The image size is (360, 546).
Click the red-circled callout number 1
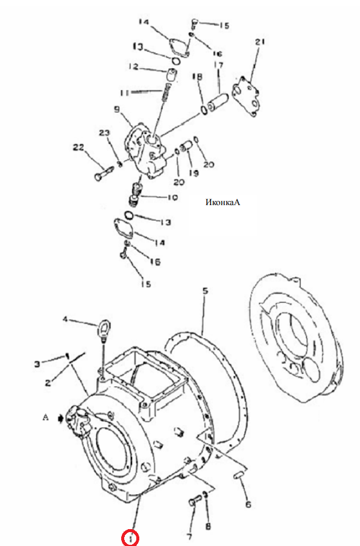point(130,538)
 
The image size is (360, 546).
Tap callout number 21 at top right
point(260,42)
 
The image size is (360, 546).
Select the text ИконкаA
point(223,202)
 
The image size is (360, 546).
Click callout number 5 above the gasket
point(206,290)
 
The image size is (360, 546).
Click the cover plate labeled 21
point(247,96)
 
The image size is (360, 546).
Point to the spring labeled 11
point(167,92)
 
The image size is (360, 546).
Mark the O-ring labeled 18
point(204,110)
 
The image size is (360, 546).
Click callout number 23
point(104,133)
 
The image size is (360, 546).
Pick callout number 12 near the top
point(133,66)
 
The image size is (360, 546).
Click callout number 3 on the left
point(37,364)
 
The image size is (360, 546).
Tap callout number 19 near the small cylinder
point(194,173)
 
